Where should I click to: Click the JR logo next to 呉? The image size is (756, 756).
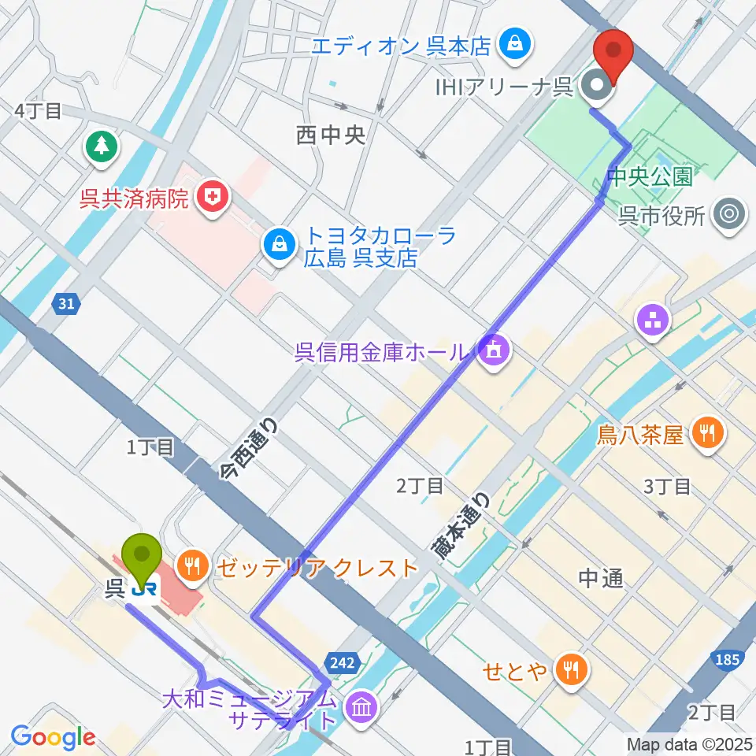coord(143,588)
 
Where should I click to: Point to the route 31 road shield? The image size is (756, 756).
coord(66,302)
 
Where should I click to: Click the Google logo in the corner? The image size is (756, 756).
coord(54,736)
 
